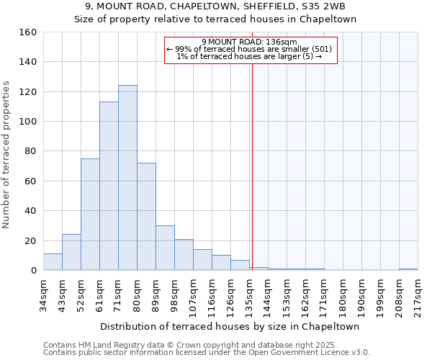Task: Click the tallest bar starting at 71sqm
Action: point(127,178)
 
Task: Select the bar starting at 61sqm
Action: point(109,186)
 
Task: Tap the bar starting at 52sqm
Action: point(90,215)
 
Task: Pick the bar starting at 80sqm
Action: point(146,217)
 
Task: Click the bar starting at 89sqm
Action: point(165,248)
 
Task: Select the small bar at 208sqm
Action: point(408,269)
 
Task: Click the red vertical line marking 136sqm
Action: point(252,166)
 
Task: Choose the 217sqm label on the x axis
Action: point(418,292)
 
